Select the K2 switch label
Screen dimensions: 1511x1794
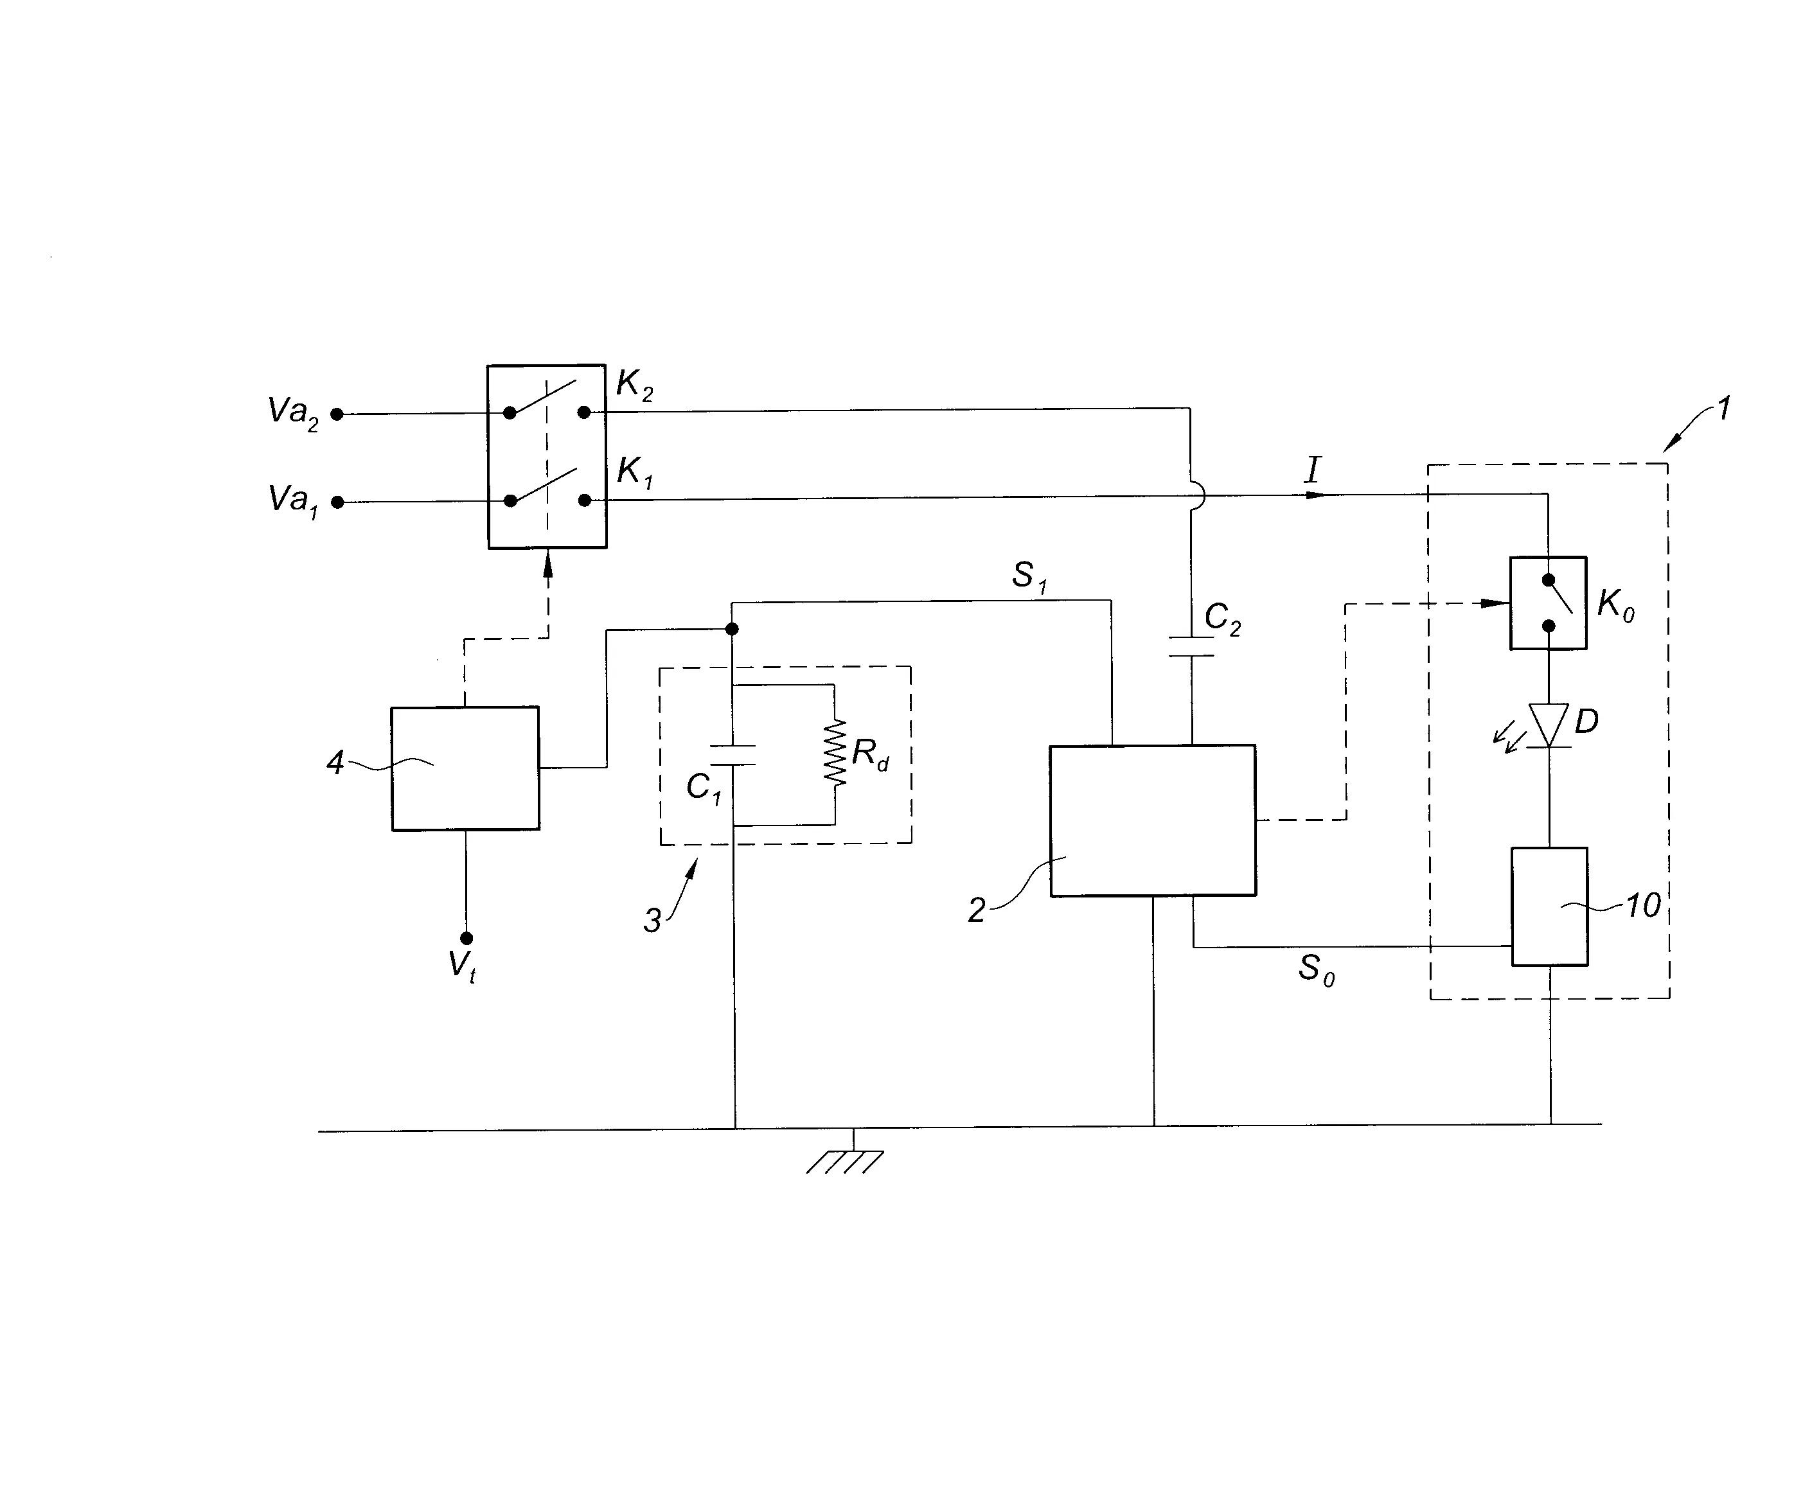[x=635, y=386]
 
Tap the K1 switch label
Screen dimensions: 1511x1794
[x=635, y=472]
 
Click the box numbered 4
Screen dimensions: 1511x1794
[x=465, y=768]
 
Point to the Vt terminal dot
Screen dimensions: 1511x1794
[x=466, y=938]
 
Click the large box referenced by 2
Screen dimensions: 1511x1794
[x=1152, y=820]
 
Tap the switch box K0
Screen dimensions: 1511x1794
[x=1547, y=603]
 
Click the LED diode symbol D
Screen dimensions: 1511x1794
[x=1549, y=725]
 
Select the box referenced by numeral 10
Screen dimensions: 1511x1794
[x=1549, y=906]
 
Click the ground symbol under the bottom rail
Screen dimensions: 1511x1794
[x=846, y=1161]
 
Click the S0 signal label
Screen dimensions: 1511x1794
[x=1316, y=971]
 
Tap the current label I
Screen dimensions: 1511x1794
[x=1313, y=471]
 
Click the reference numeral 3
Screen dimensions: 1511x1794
[x=652, y=921]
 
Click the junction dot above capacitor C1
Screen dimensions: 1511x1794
[x=732, y=630]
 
